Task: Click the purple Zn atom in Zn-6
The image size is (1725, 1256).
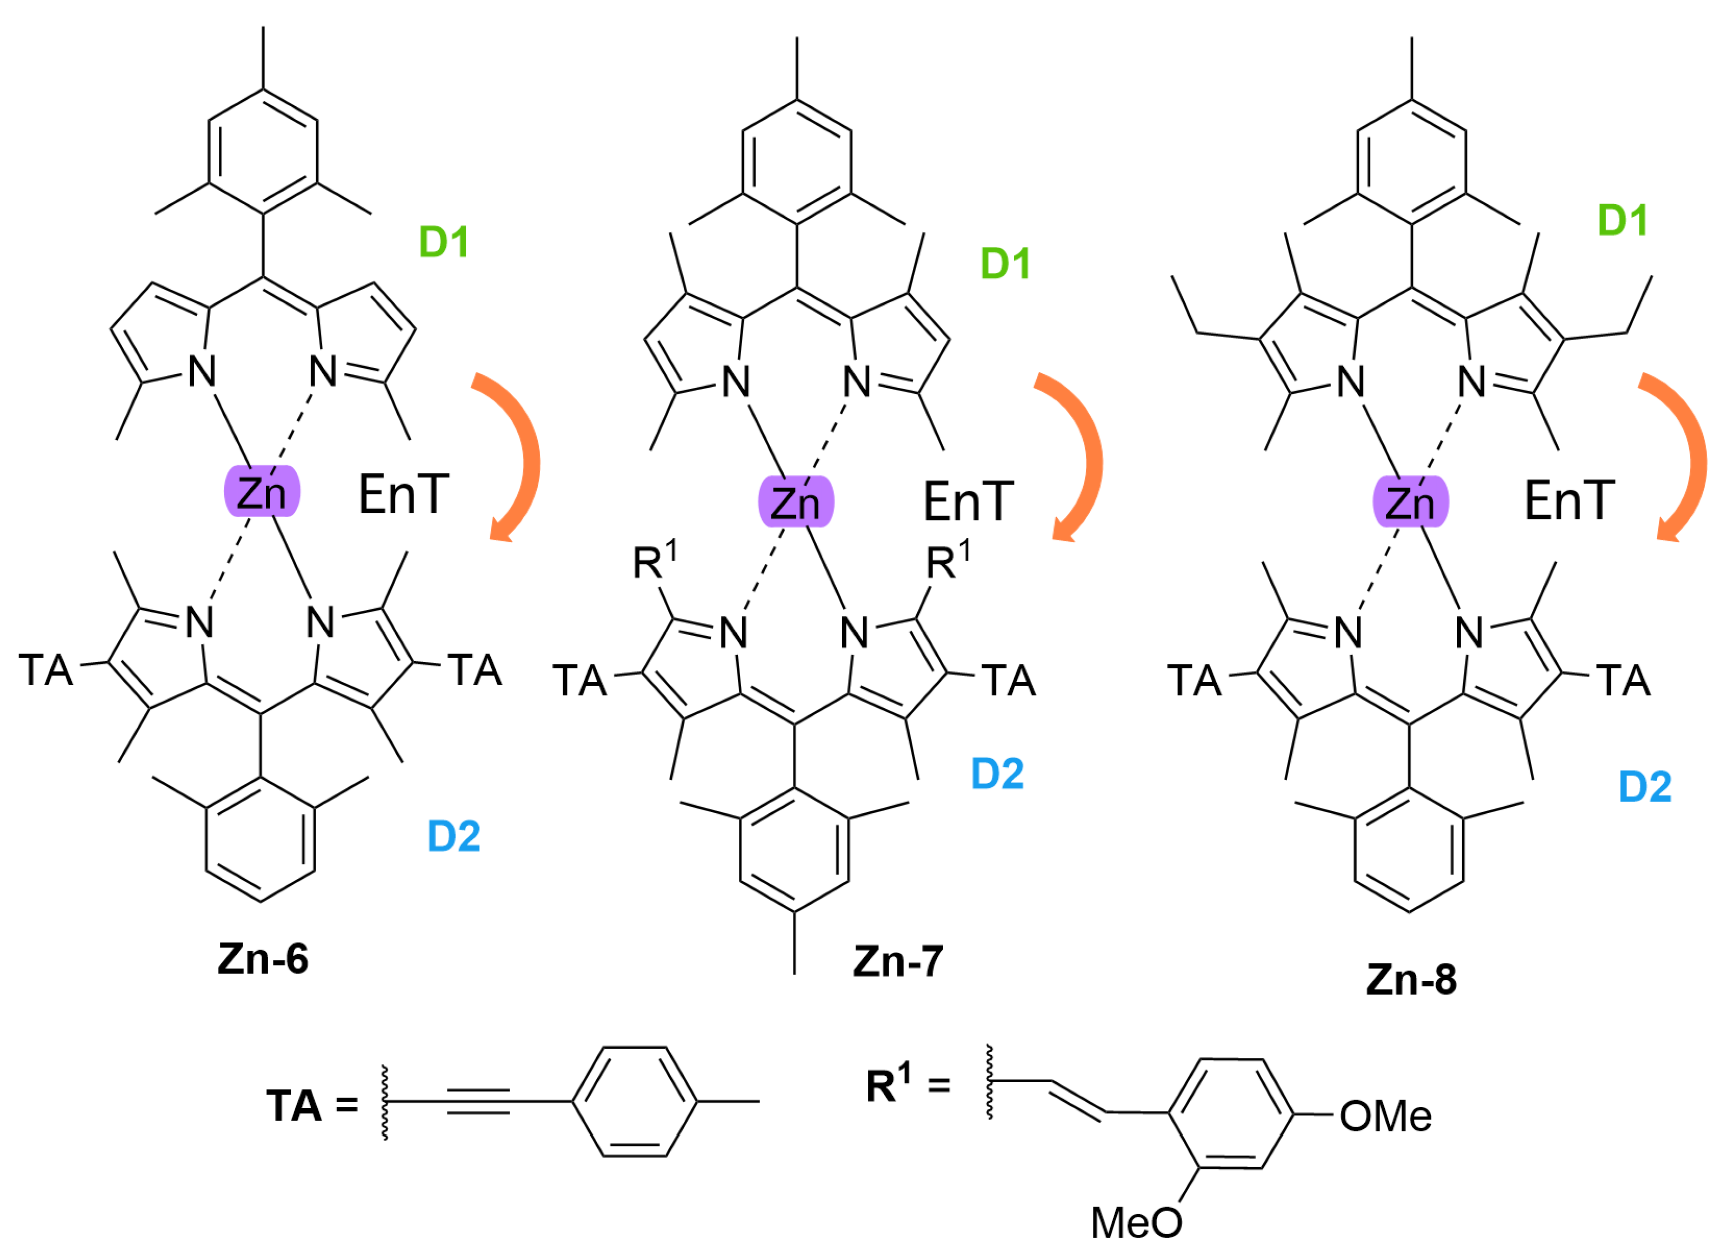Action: tap(261, 493)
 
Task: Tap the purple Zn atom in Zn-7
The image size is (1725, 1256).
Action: tap(795, 502)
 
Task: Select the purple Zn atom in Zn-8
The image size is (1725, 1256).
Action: tap(1410, 502)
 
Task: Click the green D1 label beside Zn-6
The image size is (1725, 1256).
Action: tap(444, 242)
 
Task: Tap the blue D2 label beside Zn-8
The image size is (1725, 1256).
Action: tap(1644, 787)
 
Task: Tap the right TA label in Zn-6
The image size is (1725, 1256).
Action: tap(474, 671)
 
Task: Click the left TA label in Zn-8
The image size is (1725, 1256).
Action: tap(1194, 680)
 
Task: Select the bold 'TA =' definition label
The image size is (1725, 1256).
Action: tap(312, 1105)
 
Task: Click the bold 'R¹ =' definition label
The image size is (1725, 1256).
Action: tap(908, 1084)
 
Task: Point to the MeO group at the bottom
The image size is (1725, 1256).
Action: tap(1136, 1223)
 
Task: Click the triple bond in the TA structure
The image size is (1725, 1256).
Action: tap(478, 1101)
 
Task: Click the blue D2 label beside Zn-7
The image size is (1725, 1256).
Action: tap(997, 774)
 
